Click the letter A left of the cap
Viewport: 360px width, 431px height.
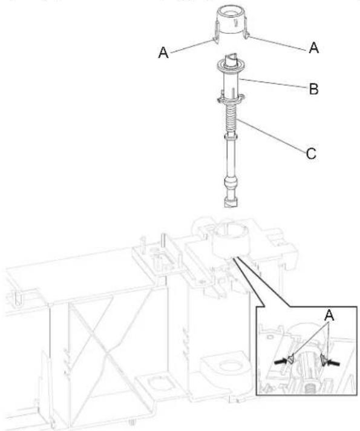(163, 52)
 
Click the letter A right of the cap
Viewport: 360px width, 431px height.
(313, 48)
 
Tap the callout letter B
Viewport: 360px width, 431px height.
(313, 89)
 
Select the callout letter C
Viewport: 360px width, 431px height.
(311, 153)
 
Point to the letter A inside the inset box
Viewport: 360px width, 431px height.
(329, 315)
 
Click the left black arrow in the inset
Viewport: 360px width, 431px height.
(281, 361)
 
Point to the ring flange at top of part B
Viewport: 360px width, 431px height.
(231, 65)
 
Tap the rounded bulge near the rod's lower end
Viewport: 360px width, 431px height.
(231, 183)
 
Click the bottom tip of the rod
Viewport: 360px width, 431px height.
(231, 206)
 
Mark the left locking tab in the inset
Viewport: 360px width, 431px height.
(291, 360)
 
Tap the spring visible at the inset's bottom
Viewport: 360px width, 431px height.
(309, 390)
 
